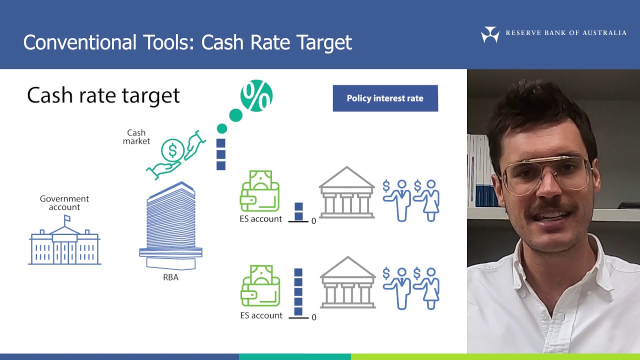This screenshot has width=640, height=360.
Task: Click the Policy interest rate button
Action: point(385,98)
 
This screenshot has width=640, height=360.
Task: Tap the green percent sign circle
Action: point(256,95)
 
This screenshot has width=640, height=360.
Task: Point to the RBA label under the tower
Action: point(170,277)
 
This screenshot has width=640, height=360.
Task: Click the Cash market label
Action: point(136,137)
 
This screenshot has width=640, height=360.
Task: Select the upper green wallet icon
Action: point(259,191)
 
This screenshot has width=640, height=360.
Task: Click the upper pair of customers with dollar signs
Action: point(411,200)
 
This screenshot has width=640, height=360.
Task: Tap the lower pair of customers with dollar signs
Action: point(411,288)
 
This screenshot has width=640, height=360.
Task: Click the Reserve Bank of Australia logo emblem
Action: point(489,34)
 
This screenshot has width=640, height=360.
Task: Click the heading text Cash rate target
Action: point(103,95)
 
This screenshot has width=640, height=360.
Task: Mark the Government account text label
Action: point(64,203)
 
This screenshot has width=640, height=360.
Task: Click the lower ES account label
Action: point(261,315)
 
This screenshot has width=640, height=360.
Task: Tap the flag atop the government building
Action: point(66,218)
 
